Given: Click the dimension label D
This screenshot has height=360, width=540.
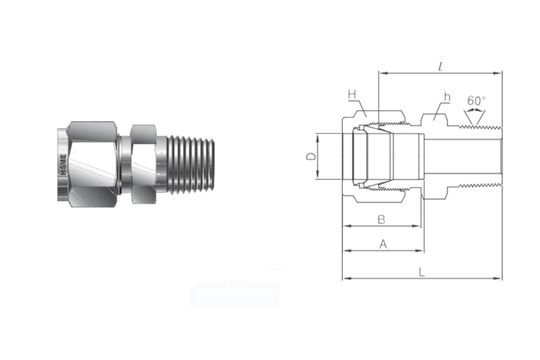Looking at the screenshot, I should pos(311,157).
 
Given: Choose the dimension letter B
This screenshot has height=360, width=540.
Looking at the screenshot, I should pos(380,218).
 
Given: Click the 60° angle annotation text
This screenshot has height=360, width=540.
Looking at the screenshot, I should pos(477,100).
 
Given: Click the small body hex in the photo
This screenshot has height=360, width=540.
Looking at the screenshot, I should pos(143,158).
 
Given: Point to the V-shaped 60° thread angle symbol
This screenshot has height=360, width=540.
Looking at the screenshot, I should pos(476,115).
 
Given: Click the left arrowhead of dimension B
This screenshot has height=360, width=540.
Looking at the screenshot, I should pos(346,227).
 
